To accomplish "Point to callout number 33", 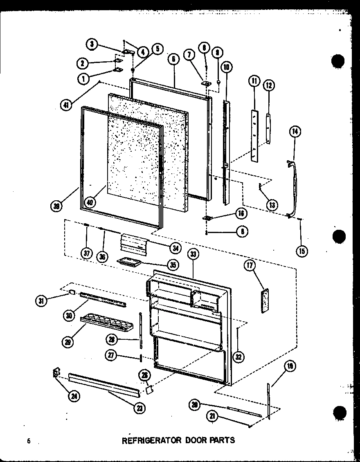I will click(193, 254).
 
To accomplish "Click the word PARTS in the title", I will click(222, 440).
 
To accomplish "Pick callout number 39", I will click(57, 206).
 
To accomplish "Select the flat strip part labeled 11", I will click(255, 135).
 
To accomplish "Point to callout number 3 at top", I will click(92, 44).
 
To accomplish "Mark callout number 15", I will click(301, 251).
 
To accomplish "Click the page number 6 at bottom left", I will click(29, 441).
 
